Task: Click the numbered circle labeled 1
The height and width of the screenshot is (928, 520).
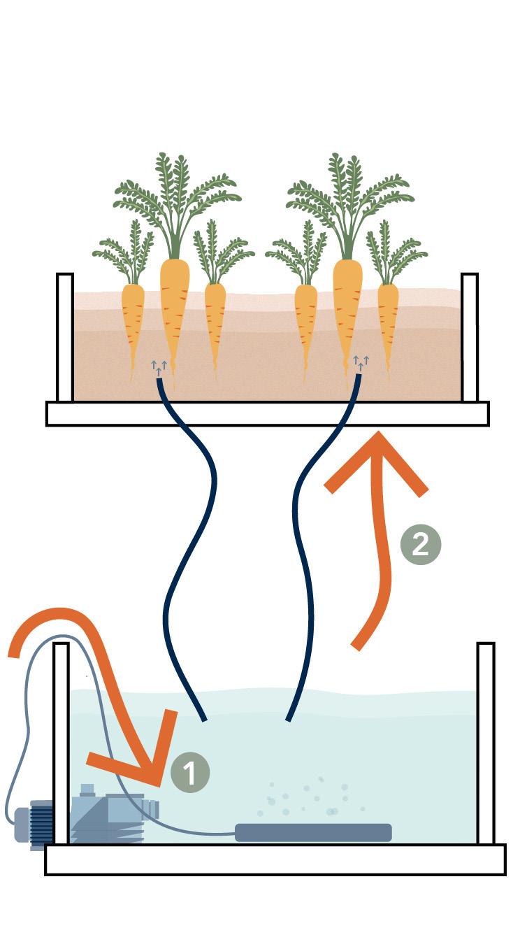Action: click(x=190, y=773)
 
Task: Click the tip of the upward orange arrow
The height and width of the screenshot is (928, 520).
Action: click(x=378, y=436)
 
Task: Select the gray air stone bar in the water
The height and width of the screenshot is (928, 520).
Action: click(x=312, y=832)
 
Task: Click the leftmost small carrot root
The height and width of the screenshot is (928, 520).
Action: click(x=133, y=322)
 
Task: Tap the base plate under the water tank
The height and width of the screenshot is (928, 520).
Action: click(x=275, y=859)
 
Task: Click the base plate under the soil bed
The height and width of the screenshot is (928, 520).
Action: click(x=267, y=413)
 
